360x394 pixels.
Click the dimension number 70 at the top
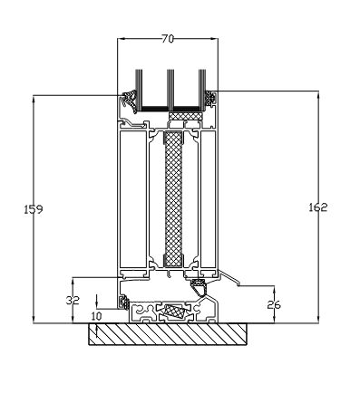[x=169, y=40]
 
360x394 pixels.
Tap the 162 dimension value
[x=317, y=207]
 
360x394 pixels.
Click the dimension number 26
[x=274, y=304]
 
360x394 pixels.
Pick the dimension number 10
[x=97, y=315]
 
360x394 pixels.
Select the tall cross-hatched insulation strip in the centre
[x=170, y=205]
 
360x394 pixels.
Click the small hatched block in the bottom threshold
[x=172, y=310]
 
